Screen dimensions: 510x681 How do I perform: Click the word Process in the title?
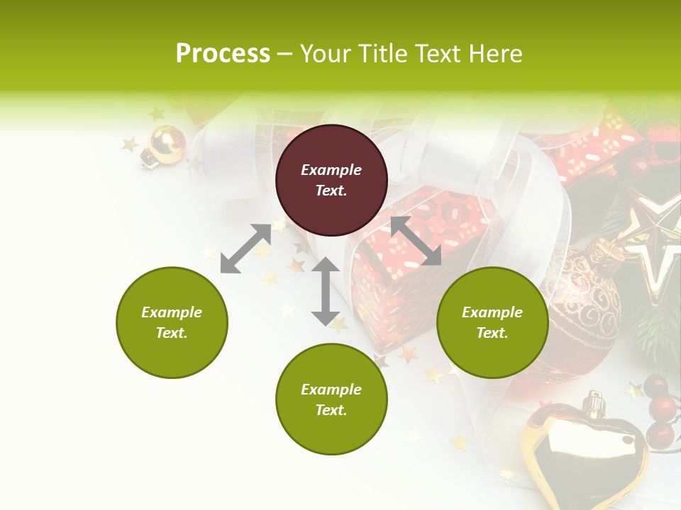pos(223,54)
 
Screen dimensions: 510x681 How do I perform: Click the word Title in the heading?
pos(383,54)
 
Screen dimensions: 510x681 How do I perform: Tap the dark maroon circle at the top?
pos(331,180)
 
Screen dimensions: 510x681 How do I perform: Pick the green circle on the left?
pos(172,322)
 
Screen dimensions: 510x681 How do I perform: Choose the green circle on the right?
pos(492,322)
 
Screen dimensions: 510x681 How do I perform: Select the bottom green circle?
pos(331,399)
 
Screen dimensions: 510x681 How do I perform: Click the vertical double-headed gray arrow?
pos(326,291)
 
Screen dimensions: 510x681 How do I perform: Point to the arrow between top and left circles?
pos(245,249)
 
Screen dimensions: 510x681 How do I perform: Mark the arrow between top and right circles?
pos(416,241)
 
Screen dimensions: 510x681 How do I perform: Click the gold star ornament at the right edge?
pos(656,241)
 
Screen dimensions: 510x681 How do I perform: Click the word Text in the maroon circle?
pos(331,191)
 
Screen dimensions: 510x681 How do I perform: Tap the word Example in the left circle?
pos(172,312)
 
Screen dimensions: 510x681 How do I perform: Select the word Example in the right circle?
pos(492,312)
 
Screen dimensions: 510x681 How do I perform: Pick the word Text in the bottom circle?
pos(331,410)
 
